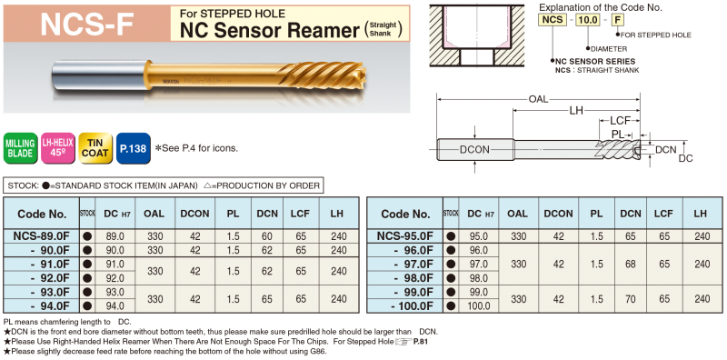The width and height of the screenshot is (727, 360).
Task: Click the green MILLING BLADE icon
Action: pyautogui.click(x=20, y=148)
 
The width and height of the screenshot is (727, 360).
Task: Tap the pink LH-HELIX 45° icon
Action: pyautogui.click(x=57, y=148)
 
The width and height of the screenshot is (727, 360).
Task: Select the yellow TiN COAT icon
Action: pyautogui.click(x=95, y=148)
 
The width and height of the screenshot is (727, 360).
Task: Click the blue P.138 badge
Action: pyautogui.click(x=133, y=148)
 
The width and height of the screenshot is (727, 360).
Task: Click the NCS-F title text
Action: pyautogui.click(x=86, y=24)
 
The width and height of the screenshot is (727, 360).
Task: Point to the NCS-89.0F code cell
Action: pyautogui.click(x=41, y=236)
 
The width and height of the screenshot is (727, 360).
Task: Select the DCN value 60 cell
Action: pyautogui.click(x=266, y=236)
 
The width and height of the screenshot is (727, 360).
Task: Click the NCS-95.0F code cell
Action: pyautogui.click(x=404, y=236)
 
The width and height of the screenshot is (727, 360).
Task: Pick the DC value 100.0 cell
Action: pyautogui.click(x=479, y=306)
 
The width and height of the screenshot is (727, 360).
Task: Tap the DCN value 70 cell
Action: pyautogui.click(x=631, y=299)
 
